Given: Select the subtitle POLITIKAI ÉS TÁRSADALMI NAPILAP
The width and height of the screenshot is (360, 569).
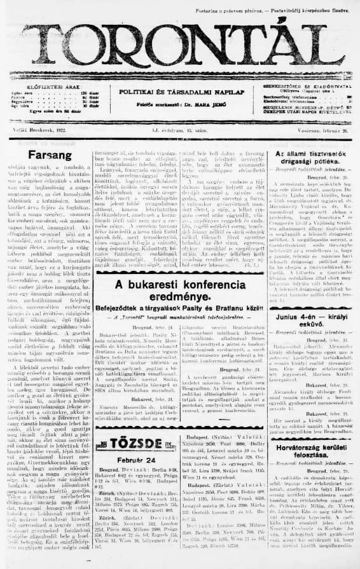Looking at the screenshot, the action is click(x=180, y=92).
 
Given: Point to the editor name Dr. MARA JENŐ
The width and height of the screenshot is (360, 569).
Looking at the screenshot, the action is click(x=209, y=103).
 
